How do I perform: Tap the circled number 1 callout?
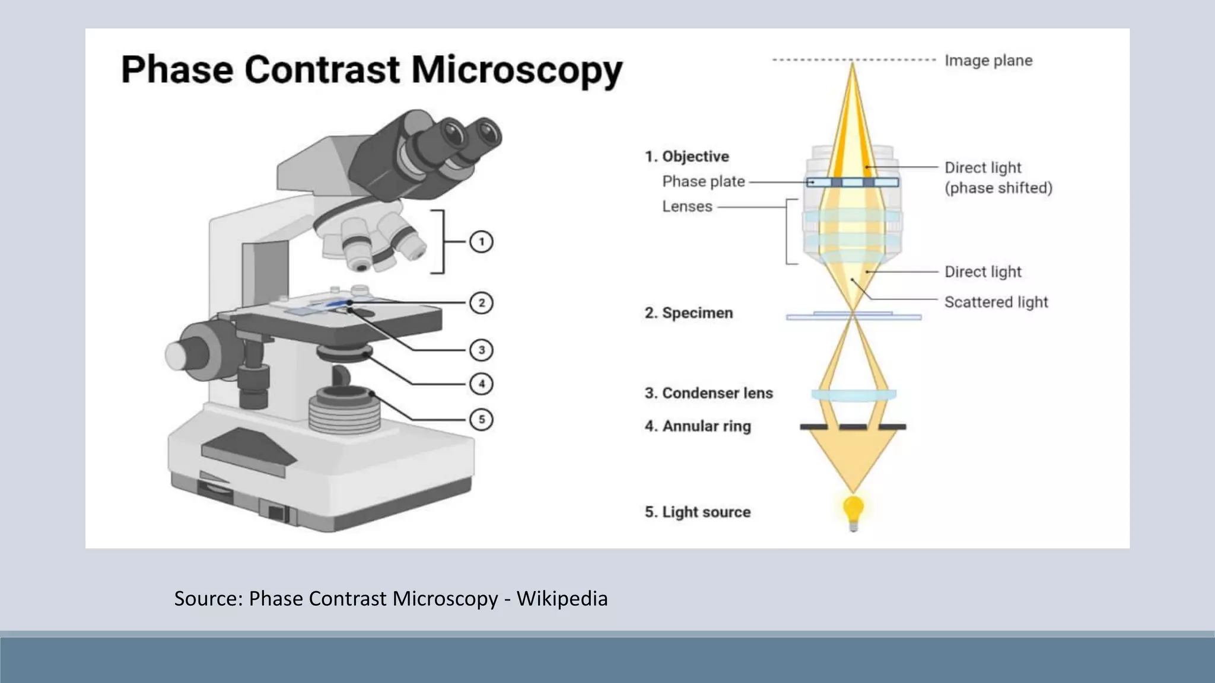[481, 242]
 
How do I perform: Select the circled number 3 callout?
[481, 350]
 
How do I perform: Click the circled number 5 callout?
[481, 420]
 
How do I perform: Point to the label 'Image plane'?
[988, 60]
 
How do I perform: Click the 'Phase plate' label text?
[704, 181]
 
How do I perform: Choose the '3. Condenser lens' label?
[709, 393]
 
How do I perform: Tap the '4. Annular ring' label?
[698, 426]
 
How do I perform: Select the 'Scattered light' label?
[996, 302]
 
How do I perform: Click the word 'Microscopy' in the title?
[517, 69]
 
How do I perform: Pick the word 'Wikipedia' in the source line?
[562, 599]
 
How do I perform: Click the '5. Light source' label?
[698, 512]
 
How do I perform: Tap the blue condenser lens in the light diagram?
[853, 394]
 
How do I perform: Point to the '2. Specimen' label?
[689, 313]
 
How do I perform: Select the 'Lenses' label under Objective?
[687, 206]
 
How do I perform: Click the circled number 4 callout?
[481, 384]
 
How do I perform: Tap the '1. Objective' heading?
[687, 157]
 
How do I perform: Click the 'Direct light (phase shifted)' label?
[998, 178]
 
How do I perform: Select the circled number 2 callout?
[481, 303]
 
